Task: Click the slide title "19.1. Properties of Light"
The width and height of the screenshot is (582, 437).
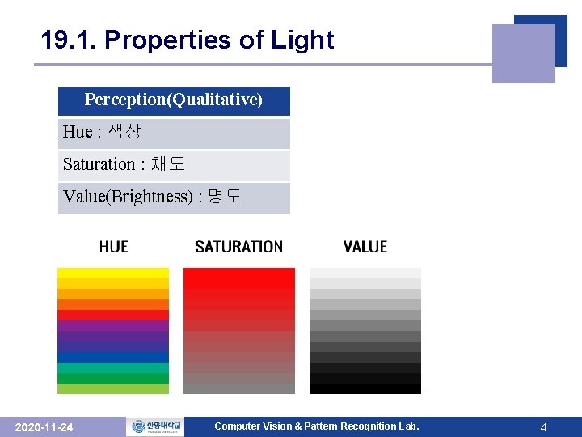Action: coord(188,40)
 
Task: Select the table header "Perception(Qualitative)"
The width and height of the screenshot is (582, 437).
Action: coord(174,100)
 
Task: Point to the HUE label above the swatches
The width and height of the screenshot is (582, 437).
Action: coord(113,247)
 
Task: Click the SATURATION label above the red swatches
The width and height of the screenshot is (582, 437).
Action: coord(238,247)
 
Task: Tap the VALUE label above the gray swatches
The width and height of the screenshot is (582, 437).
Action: coord(365,247)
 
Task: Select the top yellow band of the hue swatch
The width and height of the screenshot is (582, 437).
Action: coord(113,274)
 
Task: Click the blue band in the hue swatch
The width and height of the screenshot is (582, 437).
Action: coord(113,357)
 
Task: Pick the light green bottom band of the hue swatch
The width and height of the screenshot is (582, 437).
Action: coord(113,388)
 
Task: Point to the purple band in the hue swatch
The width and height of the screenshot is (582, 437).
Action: coord(113,326)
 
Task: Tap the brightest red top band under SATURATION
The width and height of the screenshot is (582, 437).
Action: coord(238,274)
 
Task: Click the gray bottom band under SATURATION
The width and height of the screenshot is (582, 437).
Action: coord(238,388)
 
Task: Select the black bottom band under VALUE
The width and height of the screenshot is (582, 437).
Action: coord(365,388)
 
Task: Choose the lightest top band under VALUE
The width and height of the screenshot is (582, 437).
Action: coord(365,273)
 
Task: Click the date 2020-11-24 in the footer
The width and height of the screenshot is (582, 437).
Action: coord(44,427)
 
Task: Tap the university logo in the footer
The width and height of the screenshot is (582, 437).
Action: coord(154,426)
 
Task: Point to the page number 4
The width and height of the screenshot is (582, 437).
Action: coord(543,427)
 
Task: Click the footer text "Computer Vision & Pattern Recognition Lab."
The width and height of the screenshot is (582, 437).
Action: coord(316,426)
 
